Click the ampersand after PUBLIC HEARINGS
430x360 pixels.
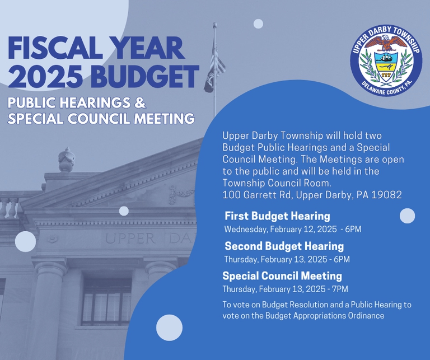pos(140,102)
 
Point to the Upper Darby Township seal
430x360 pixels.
pos(386,60)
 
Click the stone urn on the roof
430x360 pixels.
pos(67,160)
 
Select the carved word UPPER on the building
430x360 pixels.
pos(130,239)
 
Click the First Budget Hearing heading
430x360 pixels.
pos(277,216)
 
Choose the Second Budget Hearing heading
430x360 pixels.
pos(284,246)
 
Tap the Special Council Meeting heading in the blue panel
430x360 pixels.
pos(282,276)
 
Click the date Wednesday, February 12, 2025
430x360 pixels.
pos(281,229)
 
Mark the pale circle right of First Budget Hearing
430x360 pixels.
pos(407,216)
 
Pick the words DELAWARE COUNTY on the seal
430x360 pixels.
pos(381,90)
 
